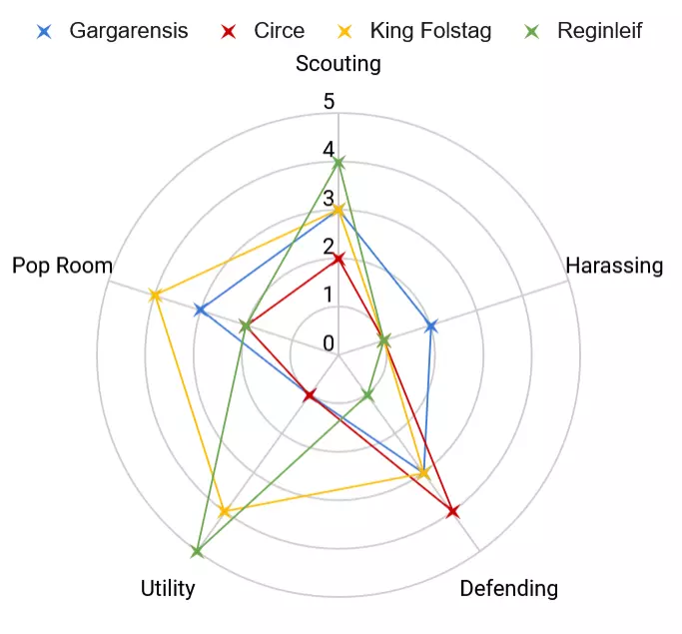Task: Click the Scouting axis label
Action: (339, 64)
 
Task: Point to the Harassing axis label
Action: (614, 266)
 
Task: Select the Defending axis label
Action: (509, 588)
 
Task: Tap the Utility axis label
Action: (168, 588)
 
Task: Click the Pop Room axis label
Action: (62, 266)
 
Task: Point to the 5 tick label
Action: (329, 101)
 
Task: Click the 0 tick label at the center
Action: (329, 343)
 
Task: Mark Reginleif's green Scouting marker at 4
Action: (339, 163)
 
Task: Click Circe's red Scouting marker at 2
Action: (339, 260)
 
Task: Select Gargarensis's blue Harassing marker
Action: (431, 325)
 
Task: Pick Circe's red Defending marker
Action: (452, 512)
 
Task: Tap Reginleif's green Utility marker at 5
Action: (197, 551)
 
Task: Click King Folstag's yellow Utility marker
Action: (225, 512)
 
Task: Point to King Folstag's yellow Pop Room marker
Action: (155, 296)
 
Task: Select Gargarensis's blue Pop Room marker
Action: (200, 311)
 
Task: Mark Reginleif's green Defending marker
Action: (367, 394)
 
